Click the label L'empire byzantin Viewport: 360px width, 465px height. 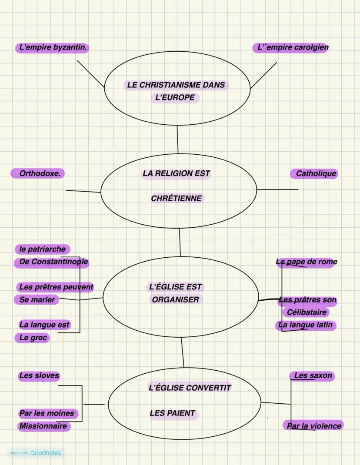pos(53,48)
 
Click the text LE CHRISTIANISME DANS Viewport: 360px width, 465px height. pos(176,85)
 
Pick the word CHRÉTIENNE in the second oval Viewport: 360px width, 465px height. pos(177,199)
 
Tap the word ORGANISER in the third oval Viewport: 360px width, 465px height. pos(176,299)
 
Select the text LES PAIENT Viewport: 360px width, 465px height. pos(173,413)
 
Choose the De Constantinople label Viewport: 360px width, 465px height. pos(53,262)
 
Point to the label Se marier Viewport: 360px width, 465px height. pos(37,300)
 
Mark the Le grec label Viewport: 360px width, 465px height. pos(33,338)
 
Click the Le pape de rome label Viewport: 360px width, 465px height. pos(307,262)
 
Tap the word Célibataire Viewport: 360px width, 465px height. pos(307,312)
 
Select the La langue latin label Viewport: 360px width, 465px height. pos(306,325)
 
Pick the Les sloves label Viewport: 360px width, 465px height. pos(39,375)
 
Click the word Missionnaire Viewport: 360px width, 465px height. pos(43,426)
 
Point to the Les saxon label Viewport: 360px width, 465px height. pos(313,375)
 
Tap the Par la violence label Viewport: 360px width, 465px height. pos(313,426)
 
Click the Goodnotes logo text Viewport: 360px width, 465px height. pos(46,453)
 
